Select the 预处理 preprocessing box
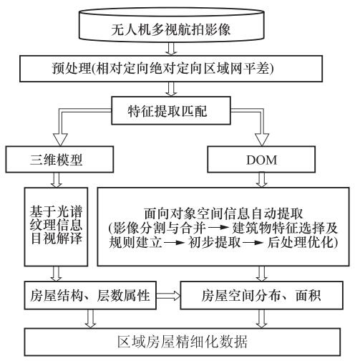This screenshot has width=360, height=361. pos(171,69)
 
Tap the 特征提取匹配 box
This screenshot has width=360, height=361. pos(171,110)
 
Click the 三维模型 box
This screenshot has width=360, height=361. pos(59,159)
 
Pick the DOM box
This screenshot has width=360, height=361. pos(261,159)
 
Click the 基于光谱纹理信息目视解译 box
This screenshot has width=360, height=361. pos(56,226)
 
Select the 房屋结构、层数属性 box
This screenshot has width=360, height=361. pos(90,295)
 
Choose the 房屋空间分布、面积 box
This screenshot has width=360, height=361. pos(261,295)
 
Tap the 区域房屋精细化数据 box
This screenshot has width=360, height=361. pos(183,342)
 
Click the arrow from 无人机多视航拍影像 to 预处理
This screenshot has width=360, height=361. pos(171,49)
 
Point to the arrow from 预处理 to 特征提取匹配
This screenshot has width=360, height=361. pos(171,89)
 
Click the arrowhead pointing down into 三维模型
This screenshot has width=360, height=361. pos(60,139)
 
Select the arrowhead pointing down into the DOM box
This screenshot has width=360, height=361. pos(262,139)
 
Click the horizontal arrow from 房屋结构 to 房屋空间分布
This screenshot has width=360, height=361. pos(168,296)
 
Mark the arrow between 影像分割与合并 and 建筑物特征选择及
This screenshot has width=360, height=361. pos(218,227)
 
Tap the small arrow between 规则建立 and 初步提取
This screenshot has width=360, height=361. pos(175,243)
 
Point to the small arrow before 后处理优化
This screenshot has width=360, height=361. pos(253,243)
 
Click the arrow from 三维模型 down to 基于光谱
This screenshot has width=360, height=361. pos(57,180)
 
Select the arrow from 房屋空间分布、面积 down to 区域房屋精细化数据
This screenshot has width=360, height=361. pos(261,319)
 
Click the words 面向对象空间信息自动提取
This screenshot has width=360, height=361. pos(223,213)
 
